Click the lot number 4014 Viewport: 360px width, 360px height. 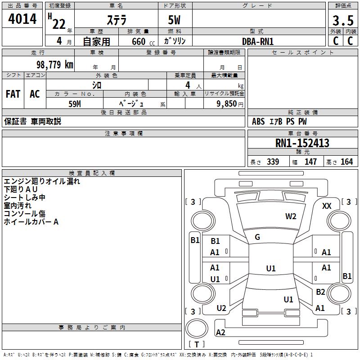click(x=22, y=19)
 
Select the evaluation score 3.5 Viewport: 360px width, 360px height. click(x=343, y=21)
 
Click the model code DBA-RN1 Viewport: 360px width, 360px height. click(x=258, y=41)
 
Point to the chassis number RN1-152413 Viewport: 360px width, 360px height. click(x=302, y=144)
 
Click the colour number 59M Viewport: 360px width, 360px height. click(x=75, y=103)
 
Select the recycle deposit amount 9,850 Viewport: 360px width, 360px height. click(x=223, y=103)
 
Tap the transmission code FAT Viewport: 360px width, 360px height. click(x=13, y=94)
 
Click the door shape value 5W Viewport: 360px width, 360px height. click(x=175, y=21)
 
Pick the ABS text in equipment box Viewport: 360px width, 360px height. click(x=258, y=121)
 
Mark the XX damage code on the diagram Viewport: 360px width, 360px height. click(x=327, y=206)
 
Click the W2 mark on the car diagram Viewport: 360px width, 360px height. click(x=291, y=216)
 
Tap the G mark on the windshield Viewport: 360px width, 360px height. click(x=257, y=237)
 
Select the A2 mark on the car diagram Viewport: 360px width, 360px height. click(x=220, y=333)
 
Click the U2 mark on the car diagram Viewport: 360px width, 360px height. click(x=221, y=308)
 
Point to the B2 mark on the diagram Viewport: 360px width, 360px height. click(x=320, y=292)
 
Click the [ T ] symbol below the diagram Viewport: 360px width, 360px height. click(x=197, y=344)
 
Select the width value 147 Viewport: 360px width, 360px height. click(x=310, y=162)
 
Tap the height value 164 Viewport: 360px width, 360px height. click(x=346, y=162)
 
